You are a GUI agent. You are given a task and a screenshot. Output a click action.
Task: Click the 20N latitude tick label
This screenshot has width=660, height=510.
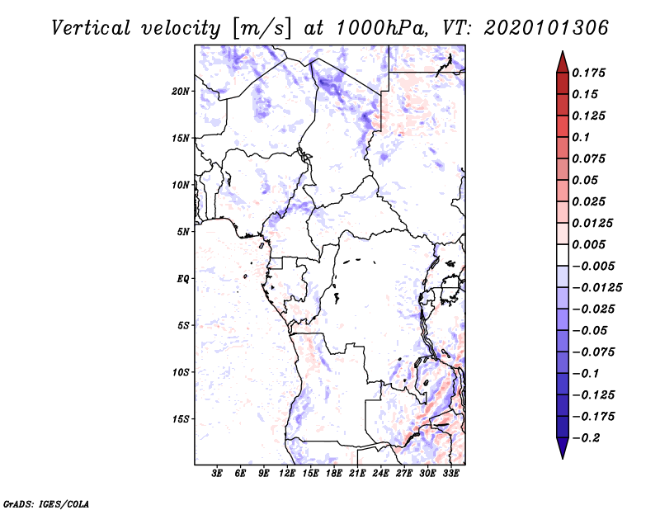point(181,91)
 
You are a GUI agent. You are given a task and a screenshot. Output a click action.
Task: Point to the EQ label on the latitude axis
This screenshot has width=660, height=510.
point(183,279)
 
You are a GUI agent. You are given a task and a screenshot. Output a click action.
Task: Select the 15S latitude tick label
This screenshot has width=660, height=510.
point(181,419)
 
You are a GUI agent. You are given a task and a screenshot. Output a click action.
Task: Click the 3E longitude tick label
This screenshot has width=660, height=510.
point(218,474)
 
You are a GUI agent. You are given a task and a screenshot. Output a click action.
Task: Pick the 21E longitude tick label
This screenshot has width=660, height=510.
point(357,474)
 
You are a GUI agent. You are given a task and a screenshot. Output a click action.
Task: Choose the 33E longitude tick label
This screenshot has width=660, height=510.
point(450,474)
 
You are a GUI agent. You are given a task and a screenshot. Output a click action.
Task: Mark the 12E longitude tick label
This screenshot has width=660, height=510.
point(287,474)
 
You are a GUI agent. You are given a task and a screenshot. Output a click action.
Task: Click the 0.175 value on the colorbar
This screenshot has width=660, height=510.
point(590,73)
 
